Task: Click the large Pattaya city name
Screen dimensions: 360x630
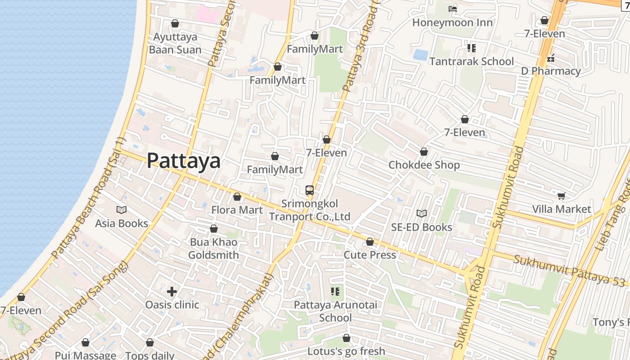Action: pos(184,161)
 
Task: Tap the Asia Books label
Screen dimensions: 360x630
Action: pos(121,223)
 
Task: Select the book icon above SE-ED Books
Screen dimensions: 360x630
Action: pos(422,213)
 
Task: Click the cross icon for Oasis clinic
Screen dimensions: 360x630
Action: pos(171,291)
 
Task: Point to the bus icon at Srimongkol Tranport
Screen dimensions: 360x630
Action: pos(310,190)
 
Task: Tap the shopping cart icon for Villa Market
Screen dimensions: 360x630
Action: pos(561,196)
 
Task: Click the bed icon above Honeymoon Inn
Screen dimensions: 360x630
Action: pos(453,9)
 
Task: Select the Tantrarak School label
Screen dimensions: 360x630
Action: pos(471,61)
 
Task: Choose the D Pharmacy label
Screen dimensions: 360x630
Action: pos(551,71)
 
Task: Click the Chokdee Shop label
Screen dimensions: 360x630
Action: pos(424,165)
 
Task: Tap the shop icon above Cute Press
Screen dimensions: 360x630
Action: pos(370,242)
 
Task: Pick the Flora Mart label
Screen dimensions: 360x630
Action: pos(237,210)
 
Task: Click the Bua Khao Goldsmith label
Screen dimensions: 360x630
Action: pos(213,248)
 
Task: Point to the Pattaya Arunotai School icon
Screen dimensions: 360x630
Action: pos(335,292)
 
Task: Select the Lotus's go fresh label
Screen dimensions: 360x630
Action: pos(346,351)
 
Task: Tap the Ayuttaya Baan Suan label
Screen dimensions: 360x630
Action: pos(175,43)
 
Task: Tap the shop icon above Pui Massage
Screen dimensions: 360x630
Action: pos(85,343)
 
